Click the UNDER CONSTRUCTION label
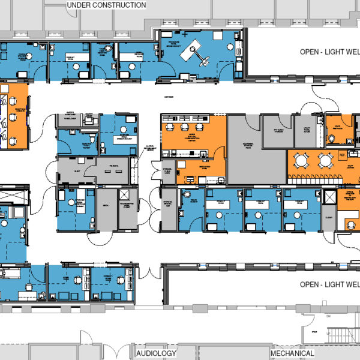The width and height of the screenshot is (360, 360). pos(106,5)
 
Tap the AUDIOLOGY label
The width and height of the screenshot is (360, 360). pos(155,353)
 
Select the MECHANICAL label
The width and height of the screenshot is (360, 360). pos(292,353)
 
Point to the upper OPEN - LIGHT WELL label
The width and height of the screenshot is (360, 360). pos(329,52)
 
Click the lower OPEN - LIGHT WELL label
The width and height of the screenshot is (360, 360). pos(329,284)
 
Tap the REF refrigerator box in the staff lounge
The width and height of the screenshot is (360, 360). pos(343,155)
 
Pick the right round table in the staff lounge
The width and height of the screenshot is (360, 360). pos(325,160)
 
